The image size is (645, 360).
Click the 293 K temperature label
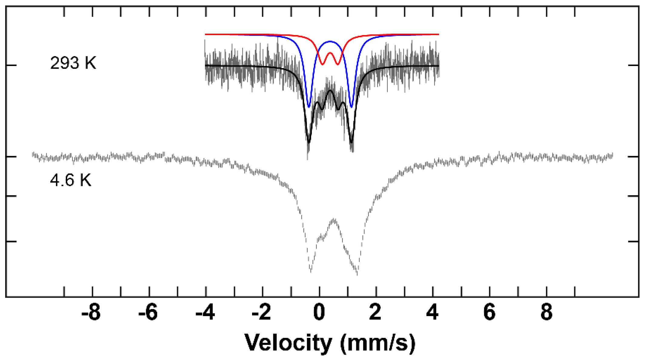(x=73, y=63)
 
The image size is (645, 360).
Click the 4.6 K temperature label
(x=70, y=180)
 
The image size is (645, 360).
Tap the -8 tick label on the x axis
(x=91, y=313)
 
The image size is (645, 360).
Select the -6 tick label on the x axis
(x=148, y=313)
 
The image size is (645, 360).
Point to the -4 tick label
(x=205, y=313)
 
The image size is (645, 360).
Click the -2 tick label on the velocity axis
(x=261, y=313)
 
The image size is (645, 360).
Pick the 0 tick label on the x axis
(x=319, y=313)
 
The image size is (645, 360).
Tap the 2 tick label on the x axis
(x=375, y=313)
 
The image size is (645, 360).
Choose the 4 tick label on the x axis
(x=432, y=313)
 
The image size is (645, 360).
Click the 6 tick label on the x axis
(x=489, y=313)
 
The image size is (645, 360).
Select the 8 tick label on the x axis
(x=546, y=313)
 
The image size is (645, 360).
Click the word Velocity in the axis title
(x=288, y=343)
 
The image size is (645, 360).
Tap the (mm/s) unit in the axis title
(x=378, y=343)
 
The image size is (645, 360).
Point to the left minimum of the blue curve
(x=309, y=107)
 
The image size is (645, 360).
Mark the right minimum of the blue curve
(x=351, y=107)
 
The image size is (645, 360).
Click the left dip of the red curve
(x=322, y=64)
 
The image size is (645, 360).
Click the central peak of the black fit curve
(x=330, y=91)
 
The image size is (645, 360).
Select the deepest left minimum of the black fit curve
(x=309, y=142)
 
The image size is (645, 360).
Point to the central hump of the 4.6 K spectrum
(x=334, y=219)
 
